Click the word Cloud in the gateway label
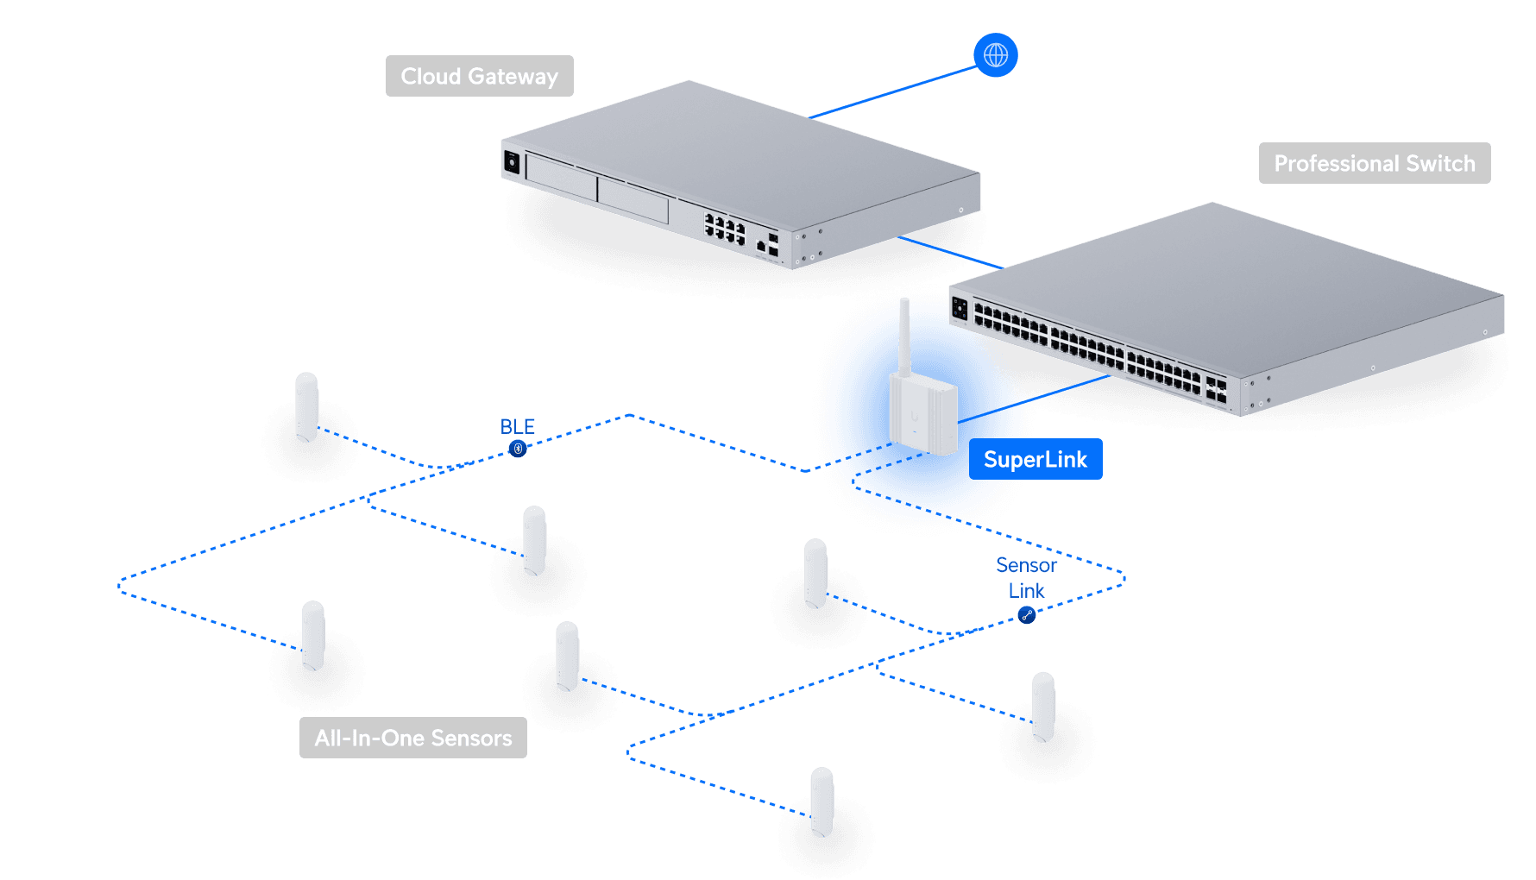pyautogui.click(x=431, y=77)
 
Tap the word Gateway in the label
pyautogui.click(x=513, y=77)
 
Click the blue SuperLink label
pyautogui.click(x=1035, y=460)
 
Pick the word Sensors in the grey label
pyautogui.click(x=471, y=739)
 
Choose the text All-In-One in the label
pyautogui.click(x=369, y=739)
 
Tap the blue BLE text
pyautogui.click(x=517, y=427)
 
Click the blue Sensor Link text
pyautogui.click(x=1026, y=578)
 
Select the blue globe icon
pyautogui.click(x=996, y=55)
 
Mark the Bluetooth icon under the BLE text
pyautogui.click(x=518, y=449)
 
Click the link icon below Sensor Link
pyautogui.click(x=1026, y=615)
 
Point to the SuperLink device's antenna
pyautogui.click(x=905, y=336)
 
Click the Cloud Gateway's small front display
pyautogui.click(x=512, y=161)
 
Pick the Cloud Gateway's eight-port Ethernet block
pyautogui.click(x=725, y=229)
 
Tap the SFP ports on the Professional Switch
pyautogui.click(x=1216, y=390)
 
